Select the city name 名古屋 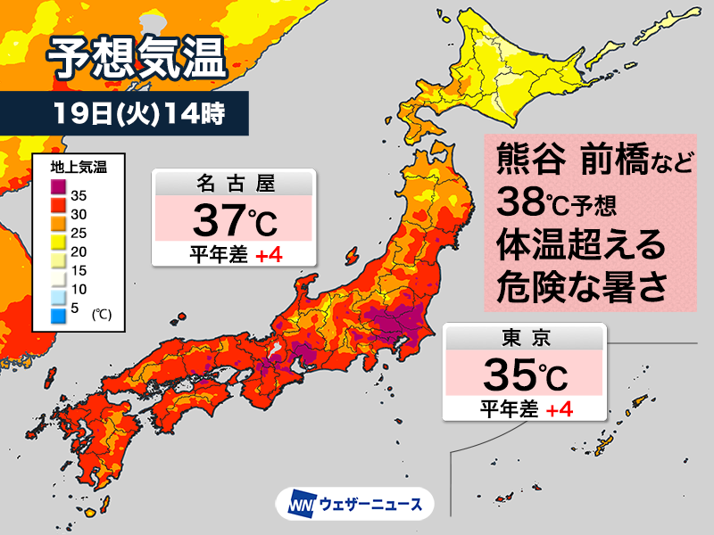[x=233, y=184]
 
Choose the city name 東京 [x=527, y=338]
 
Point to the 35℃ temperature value [x=527, y=374]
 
